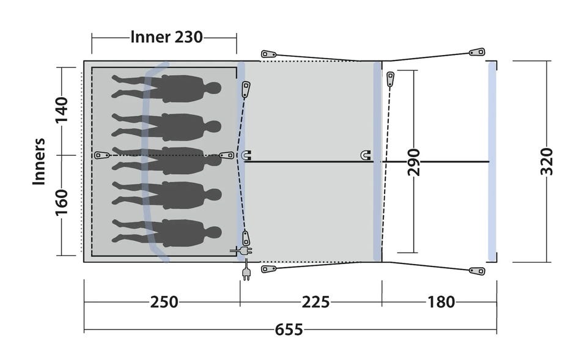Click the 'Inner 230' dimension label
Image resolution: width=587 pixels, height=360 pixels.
tap(166, 37)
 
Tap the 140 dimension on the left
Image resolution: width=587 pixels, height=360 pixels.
tap(62, 109)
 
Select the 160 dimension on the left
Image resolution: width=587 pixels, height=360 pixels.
tap(62, 202)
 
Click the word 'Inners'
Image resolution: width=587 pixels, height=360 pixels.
tap(39, 161)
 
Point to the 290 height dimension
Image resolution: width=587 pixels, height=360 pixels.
tap(414, 162)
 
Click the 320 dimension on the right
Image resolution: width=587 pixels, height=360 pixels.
tap(547, 161)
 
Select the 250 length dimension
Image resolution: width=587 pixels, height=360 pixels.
tap(164, 302)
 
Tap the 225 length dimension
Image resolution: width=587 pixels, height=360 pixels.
tap(316, 302)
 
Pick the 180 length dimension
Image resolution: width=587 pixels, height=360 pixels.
tap(441, 302)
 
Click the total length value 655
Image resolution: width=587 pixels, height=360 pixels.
tap(289, 329)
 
